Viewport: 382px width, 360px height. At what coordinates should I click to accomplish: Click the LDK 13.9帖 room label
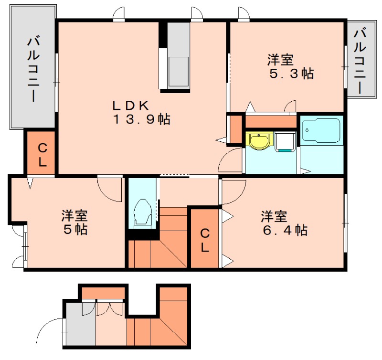point(141,113)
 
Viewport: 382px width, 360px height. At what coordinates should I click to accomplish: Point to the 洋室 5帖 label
point(74,222)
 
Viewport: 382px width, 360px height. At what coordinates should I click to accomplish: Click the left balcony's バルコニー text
point(33,69)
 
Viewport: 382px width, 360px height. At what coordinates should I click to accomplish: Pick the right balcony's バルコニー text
point(360,61)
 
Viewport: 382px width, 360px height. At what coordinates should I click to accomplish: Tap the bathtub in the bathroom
point(321,130)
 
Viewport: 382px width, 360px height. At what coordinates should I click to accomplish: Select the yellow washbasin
point(259,140)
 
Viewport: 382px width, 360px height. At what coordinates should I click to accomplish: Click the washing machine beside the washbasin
point(285,142)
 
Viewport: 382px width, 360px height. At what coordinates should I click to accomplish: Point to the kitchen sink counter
point(179,55)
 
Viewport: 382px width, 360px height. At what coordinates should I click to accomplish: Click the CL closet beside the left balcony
point(41,153)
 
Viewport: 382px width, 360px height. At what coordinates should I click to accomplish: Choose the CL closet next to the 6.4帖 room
point(204,238)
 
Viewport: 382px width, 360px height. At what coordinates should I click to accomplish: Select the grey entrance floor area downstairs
point(80,324)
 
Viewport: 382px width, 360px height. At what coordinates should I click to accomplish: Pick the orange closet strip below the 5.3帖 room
point(271,122)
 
